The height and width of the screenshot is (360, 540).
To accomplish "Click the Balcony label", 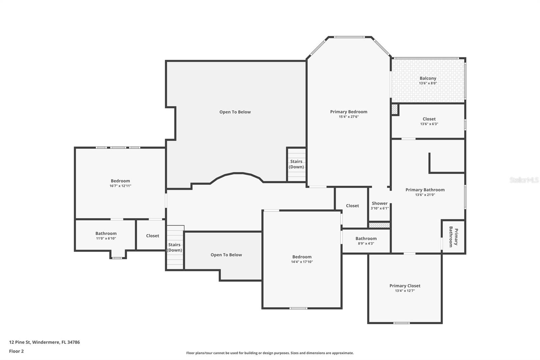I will pos(428,78).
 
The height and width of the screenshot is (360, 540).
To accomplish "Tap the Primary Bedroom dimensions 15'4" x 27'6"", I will pos(349,117).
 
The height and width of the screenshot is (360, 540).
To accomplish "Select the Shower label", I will pos(379,203).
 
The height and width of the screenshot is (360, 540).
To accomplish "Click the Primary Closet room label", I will pos(405,286).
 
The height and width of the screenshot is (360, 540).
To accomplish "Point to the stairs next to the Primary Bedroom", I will pos(296,164).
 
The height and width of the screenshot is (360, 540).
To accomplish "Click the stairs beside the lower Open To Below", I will pos(175,248).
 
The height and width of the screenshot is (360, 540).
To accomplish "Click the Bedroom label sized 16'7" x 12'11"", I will pos(120,181).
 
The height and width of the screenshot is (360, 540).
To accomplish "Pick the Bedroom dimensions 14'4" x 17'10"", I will pos(302,262).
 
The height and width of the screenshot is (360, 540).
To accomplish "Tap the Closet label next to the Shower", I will pos(352,206).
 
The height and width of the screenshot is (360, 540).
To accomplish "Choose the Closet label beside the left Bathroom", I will pos(153,236).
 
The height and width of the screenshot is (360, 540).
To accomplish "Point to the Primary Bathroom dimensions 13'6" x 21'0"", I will pos(425,195).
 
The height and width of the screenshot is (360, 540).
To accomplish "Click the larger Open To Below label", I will pos(235,112).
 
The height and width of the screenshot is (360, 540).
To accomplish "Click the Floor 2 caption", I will pos(16,351).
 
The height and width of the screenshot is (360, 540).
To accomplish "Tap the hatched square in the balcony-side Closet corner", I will pos(395,109).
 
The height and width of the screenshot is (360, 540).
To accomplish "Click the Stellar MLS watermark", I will pos(524,180).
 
